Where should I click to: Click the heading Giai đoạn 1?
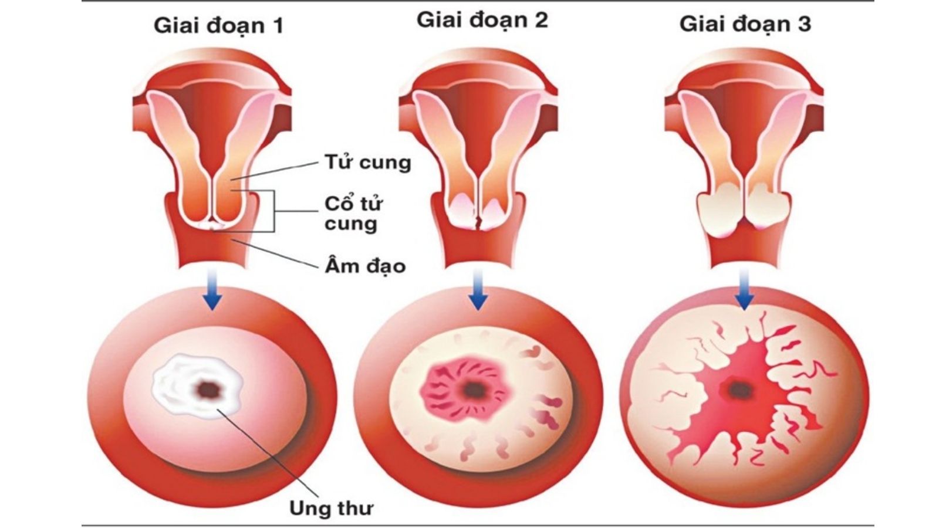click(218, 26)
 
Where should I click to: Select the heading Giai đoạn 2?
click(482, 20)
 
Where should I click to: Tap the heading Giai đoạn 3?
click(745, 24)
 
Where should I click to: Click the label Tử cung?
click(368, 162)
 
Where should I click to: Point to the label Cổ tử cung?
click(353, 214)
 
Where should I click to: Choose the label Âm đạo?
click(365, 266)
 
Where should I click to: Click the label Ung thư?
click(331, 508)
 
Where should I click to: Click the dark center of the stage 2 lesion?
click(471, 388)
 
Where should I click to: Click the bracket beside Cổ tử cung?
click(273, 211)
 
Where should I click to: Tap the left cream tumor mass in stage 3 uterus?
click(718, 211)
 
